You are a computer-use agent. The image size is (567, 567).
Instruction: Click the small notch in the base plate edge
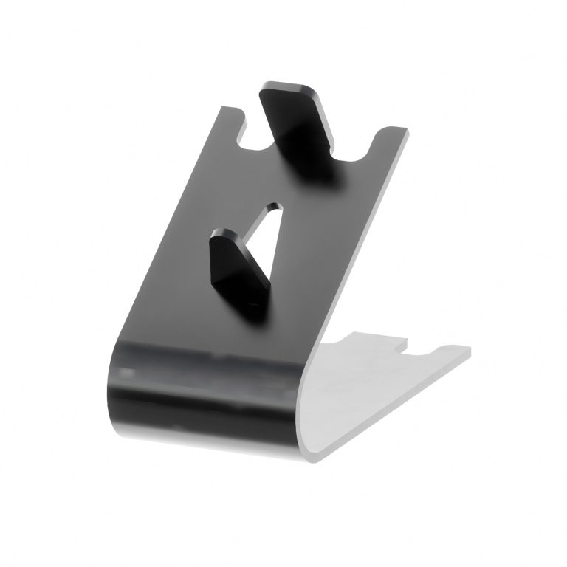point(403,345)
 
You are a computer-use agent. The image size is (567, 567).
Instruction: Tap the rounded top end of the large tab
point(288,89)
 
